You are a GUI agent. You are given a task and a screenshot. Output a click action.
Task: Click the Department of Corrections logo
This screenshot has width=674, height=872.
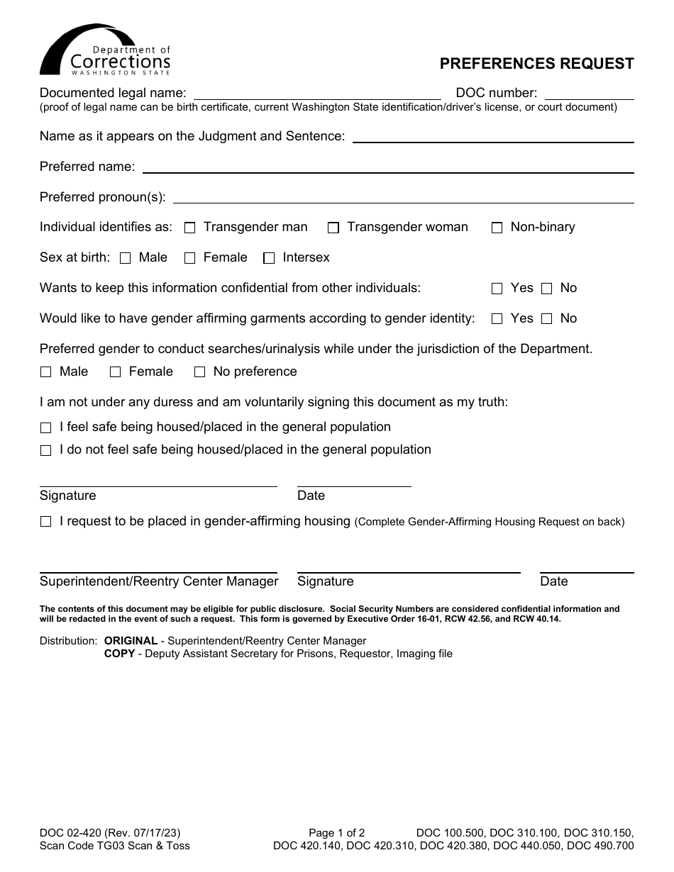point(105,50)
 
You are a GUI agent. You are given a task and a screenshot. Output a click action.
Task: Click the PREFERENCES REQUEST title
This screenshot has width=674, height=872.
point(536,64)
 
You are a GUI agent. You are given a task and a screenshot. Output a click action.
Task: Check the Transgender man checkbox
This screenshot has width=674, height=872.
point(190,228)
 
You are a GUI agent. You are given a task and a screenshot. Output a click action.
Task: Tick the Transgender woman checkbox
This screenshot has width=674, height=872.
point(333,228)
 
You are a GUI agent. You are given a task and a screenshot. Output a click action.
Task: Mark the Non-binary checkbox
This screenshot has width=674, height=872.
point(497,228)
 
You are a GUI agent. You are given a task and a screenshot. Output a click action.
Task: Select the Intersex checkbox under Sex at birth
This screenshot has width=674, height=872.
point(269,259)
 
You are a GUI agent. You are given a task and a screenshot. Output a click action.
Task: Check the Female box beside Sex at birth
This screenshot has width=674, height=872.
point(190,259)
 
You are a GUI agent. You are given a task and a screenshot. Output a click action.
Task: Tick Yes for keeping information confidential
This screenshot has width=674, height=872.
point(497,289)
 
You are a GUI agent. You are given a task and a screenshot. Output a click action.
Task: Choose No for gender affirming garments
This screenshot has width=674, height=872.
point(546,320)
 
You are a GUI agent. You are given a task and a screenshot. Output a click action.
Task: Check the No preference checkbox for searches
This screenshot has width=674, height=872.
point(200,372)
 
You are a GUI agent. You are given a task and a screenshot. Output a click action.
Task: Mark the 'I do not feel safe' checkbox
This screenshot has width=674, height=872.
point(46,451)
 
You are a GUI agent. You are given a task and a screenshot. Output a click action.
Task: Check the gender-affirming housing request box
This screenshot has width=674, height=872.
point(46,522)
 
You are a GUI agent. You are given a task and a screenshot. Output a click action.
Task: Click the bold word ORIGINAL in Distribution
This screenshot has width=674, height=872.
point(131,641)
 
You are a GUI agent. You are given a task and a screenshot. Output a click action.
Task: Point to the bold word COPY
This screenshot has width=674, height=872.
point(119,654)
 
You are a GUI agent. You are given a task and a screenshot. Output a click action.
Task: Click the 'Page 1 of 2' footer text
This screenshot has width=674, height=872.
point(337,833)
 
